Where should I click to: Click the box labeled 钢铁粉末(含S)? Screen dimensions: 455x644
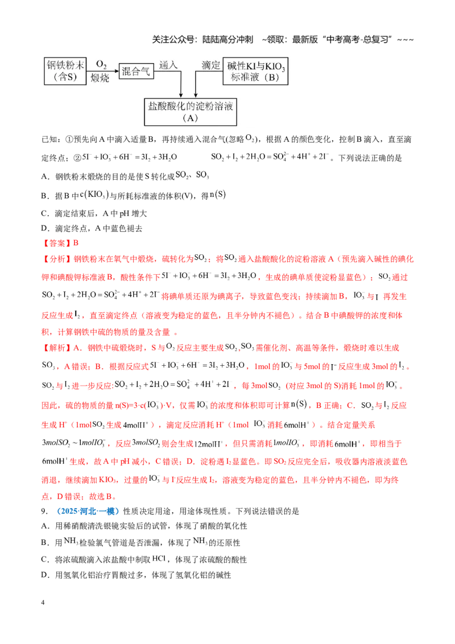65,71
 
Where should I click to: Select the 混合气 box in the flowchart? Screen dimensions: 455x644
136,72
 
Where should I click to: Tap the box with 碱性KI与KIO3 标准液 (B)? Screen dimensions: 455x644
255,71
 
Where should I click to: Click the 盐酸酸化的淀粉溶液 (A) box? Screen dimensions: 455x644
191,112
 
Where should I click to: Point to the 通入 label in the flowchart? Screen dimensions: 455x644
168,65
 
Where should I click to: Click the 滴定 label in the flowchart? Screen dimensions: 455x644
211,65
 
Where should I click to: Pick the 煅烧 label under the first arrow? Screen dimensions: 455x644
100,77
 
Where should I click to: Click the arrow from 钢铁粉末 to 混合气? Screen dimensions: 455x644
102,71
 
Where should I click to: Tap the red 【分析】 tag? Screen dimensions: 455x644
57,259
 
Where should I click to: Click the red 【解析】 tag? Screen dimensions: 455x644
57,348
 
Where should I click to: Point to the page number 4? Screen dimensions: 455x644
43,602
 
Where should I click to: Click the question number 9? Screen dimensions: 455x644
44,511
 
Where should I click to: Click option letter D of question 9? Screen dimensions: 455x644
45,575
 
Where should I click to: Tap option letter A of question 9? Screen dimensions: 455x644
45,526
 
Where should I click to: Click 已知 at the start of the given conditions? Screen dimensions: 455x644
50,139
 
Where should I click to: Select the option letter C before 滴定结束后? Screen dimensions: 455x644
45,213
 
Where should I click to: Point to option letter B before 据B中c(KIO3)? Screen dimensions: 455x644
45,196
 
